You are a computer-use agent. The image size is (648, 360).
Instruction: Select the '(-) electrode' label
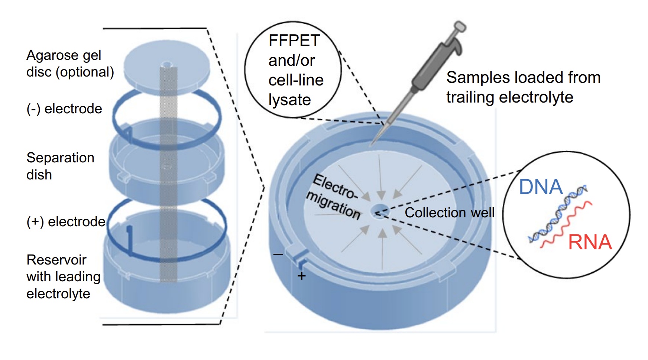pos(64,109)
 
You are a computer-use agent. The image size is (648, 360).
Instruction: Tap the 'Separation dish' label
pos(60,166)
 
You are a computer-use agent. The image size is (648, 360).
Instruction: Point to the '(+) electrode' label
pos(66,221)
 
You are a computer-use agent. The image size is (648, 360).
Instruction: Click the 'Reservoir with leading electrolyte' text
pos(63,276)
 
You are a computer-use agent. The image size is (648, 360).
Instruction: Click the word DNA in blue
pos(541,187)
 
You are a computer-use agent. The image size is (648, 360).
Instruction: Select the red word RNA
pos(590,242)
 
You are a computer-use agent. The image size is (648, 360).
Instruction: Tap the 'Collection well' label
pos(449,213)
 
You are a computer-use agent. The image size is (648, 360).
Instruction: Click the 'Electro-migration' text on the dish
pos(334,197)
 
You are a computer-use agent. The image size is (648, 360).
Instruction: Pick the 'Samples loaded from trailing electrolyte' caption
pos(523,87)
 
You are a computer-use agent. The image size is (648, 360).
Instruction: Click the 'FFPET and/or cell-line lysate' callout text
pos(295,70)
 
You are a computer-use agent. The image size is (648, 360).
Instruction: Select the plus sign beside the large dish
pos(301,276)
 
